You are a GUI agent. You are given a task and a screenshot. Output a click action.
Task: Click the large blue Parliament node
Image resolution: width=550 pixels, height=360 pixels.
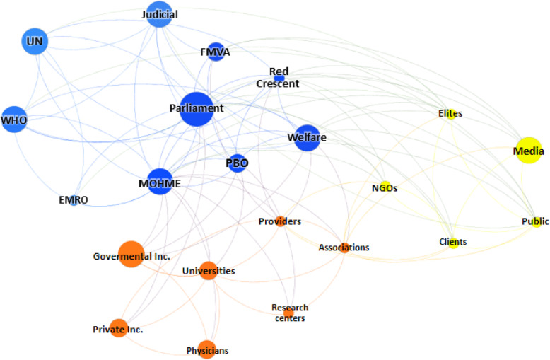196,109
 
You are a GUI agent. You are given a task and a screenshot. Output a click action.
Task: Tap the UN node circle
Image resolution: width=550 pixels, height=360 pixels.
33,42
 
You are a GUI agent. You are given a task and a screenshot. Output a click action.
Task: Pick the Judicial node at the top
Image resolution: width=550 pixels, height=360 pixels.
160,14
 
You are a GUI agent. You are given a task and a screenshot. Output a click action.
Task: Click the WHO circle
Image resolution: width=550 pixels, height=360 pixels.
13,120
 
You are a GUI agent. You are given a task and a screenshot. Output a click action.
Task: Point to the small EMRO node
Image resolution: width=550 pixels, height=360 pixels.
74,200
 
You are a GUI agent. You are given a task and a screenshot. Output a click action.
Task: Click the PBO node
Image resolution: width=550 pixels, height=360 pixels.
238,163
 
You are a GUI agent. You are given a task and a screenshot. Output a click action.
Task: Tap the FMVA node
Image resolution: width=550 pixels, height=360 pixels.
216,53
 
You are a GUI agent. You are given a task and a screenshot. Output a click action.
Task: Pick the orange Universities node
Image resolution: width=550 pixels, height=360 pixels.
208,271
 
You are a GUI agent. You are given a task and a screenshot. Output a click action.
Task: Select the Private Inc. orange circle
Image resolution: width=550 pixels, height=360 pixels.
118,329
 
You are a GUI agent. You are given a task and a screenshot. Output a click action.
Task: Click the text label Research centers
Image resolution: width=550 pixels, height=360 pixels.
290,313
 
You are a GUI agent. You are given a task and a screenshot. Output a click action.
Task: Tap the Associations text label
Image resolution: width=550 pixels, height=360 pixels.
344,248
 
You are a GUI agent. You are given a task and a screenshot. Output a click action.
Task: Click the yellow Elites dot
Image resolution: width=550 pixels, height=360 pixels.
450,113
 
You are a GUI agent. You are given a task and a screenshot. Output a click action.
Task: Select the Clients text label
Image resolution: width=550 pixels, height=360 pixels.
452,242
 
